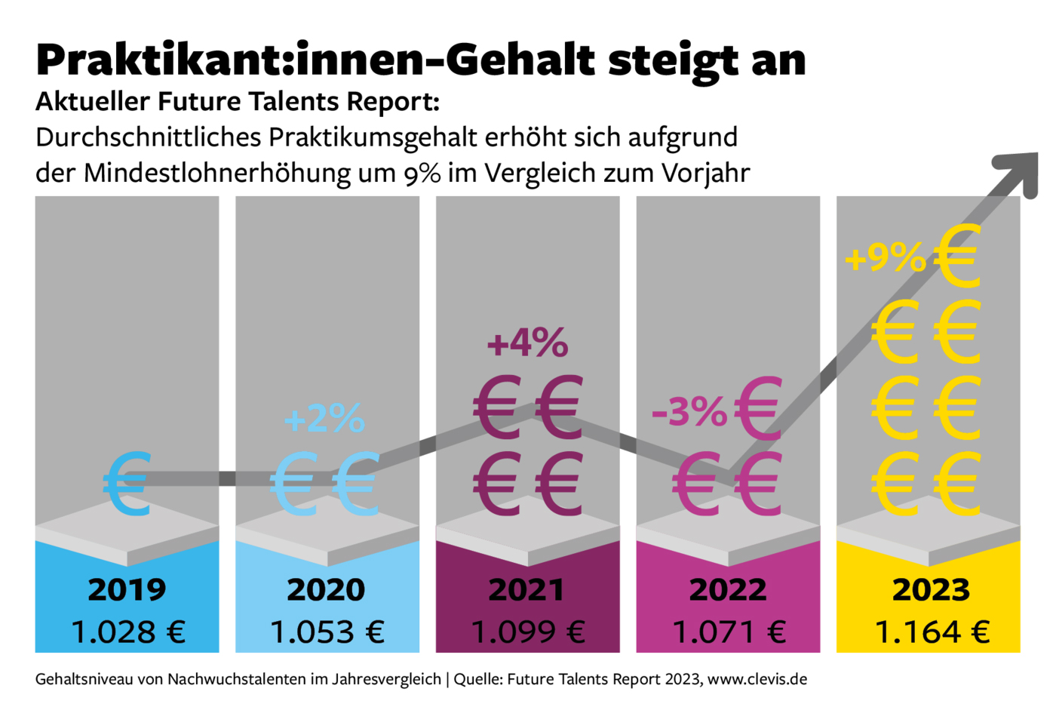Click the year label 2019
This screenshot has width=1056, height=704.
[127, 589]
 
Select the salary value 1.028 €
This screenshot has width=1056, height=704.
[127, 632]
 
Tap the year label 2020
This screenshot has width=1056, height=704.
[326, 589]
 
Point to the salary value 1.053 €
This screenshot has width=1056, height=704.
[327, 632]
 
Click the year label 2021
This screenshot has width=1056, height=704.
[526, 589]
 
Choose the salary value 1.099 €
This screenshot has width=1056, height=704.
[527, 632]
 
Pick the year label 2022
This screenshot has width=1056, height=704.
[727, 589]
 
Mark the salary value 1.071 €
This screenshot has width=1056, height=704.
[728, 632]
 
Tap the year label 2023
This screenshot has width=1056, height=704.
[931, 589]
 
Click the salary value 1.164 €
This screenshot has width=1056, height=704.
[932, 632]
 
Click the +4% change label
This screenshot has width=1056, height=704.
[527, 343]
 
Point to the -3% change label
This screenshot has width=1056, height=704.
[689, 412]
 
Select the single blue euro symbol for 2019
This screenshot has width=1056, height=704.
[127, 484]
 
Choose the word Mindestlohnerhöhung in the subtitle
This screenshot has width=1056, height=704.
[218, 173]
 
